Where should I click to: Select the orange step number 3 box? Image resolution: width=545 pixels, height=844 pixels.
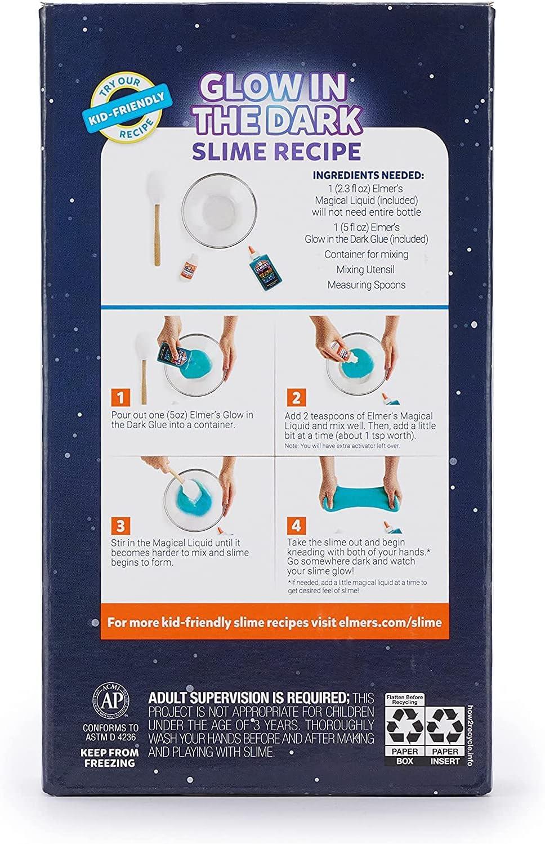120,526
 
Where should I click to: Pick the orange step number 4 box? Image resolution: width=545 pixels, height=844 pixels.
296,526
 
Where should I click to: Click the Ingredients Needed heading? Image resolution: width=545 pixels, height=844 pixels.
368,176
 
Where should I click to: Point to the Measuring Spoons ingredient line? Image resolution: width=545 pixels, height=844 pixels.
367,285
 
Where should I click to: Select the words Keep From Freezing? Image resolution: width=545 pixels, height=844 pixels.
108,757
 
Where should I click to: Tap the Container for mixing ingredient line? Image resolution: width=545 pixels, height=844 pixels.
367,254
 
